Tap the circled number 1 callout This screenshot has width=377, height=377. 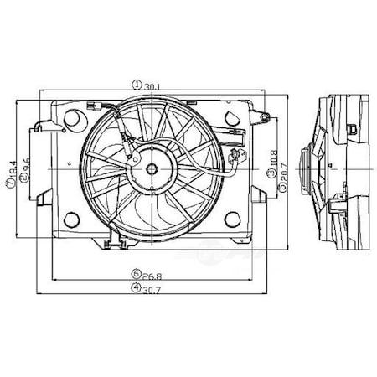pos(138,84)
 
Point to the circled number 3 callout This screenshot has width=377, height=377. pos(271,173)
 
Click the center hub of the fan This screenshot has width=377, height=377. pos(152,168)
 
